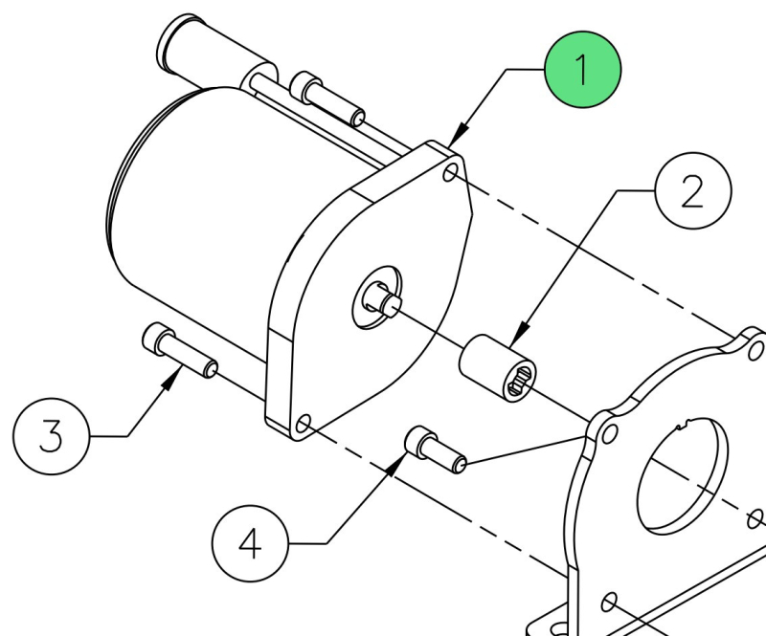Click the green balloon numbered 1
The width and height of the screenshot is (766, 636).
582,69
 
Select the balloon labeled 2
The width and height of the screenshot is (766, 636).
692,190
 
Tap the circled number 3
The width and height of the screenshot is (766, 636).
52,436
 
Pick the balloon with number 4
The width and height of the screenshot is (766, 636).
250,543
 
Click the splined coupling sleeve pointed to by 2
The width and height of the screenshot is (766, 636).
497,368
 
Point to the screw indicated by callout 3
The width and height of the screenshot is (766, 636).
180,350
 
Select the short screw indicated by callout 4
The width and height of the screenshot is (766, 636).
436,450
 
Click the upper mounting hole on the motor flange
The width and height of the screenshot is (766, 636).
451,173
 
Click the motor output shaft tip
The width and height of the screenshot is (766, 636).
393,303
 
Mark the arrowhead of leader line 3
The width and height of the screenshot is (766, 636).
171,378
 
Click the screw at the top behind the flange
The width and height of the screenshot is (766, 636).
327,99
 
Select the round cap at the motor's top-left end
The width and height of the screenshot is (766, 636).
177,43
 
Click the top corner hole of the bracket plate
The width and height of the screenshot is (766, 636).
755,349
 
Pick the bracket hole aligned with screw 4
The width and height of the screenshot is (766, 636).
609,434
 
